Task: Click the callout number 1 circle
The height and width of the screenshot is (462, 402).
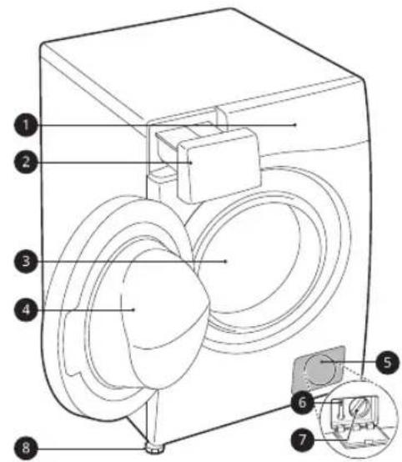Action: (26, 125)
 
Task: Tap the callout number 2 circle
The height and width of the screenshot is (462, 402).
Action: (26, 162)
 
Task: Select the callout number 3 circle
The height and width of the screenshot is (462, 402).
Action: (26, 261)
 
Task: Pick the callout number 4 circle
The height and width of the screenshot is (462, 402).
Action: (26, 309)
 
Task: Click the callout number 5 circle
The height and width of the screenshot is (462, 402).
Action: (388, 362)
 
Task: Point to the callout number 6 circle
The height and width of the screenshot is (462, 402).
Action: (303, 402)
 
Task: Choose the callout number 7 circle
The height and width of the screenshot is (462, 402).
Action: (303, 439)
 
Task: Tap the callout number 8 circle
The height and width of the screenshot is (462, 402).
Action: (26, 448)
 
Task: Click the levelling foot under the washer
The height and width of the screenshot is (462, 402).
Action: (153, 449)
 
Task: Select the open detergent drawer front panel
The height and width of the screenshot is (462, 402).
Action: (219, 165)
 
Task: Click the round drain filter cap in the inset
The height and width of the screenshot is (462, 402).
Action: (359, 408)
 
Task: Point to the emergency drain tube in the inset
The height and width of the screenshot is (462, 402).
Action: (339, 410)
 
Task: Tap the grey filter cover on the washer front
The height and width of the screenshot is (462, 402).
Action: (319, 369)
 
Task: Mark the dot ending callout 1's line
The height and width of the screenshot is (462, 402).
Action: (295, 125)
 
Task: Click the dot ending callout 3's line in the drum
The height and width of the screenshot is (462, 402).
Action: (226, 261)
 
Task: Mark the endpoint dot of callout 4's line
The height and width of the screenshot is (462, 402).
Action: (134, 309)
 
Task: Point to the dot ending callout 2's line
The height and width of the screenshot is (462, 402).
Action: (192, 162)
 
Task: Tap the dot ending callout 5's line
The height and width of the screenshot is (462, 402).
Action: (322, 362)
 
